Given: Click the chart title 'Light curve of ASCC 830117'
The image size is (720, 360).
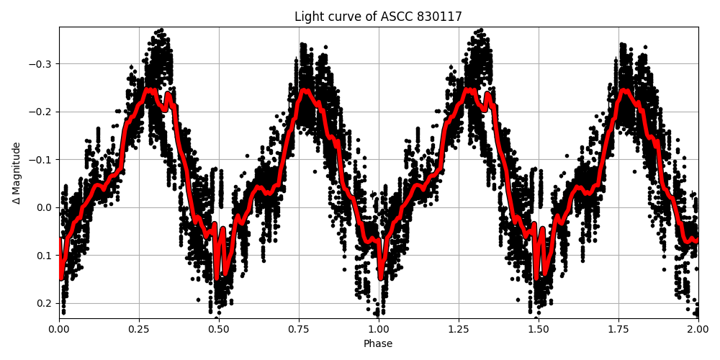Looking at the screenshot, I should coord(378,17).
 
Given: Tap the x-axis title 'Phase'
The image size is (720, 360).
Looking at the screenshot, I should coord(378,344).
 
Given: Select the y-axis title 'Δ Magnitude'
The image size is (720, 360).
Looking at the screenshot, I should coord(17,173).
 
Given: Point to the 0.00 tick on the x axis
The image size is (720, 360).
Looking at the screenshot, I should coord(59,329).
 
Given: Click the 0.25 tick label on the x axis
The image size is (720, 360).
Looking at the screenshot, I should coord(139,329).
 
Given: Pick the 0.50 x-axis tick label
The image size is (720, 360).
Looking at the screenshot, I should coord(219,329).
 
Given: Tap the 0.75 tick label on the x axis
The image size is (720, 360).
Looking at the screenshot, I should coord(299,329).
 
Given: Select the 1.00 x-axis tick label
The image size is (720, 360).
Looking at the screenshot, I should coord(379,329).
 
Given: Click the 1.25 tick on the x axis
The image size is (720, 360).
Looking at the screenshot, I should coord(459,329).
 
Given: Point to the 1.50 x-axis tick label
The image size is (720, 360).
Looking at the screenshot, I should coord(539,329).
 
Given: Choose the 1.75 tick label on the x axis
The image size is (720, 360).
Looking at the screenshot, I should coord(618,329).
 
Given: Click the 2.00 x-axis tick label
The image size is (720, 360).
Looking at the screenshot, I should coord(698,329).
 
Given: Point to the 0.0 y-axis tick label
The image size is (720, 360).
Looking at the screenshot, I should coord(45,207).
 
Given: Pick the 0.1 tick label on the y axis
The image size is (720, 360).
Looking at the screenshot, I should coord(45,255).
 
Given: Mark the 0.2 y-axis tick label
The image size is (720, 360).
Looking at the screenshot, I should coord(45,303).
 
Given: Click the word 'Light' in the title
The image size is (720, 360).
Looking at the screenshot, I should coord(307,17).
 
